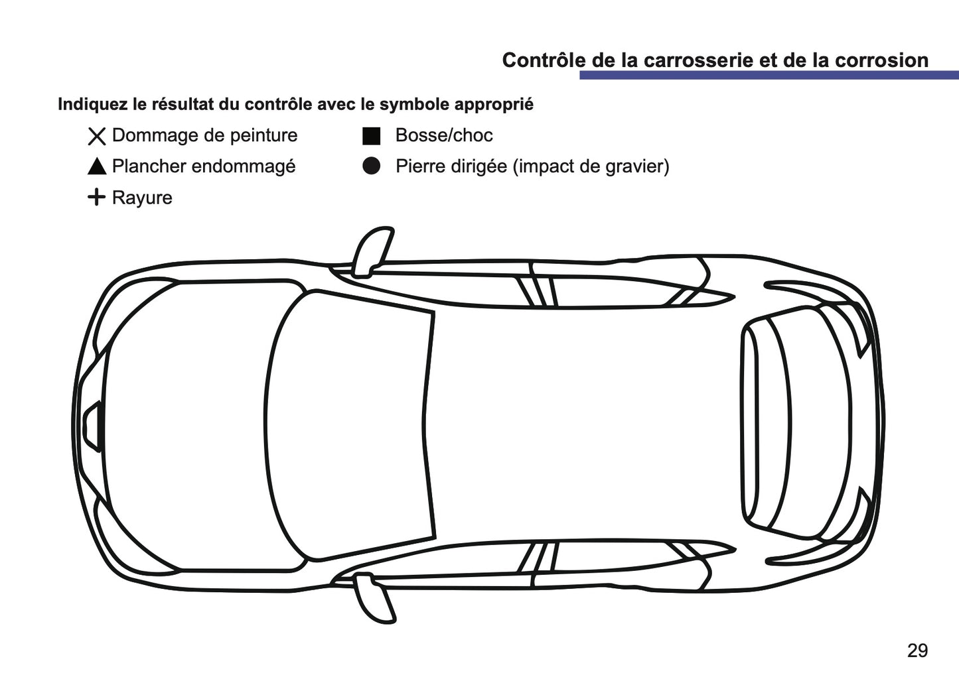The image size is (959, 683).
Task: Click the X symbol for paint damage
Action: click(x=97, y=137)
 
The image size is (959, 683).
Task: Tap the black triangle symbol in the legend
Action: click(x=97, y=167)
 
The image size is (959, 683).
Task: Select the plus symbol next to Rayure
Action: click(x=96, y=197)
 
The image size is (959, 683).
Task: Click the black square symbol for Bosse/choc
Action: click(x=371, y=136)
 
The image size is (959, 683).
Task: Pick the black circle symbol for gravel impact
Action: click(x=372, y=166)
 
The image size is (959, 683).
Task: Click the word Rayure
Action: click(x=142, y=198)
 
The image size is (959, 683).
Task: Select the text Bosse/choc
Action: click(x=443, y=135)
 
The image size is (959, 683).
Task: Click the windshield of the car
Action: click(x=352, y=424)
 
